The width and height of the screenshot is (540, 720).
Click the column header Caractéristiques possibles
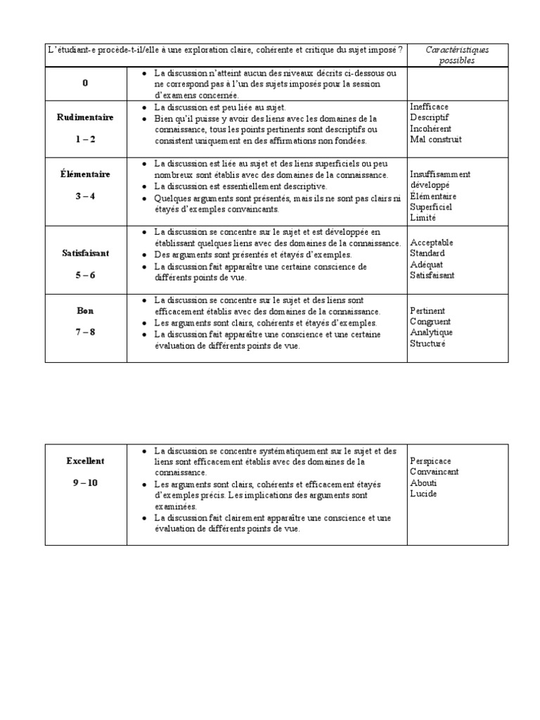point(458,55)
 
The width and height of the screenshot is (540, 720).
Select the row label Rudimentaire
point(85,117)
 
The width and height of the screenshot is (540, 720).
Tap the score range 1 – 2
point(85,139)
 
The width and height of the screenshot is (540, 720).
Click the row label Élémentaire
point(85,174)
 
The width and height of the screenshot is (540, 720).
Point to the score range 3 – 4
point(85,196)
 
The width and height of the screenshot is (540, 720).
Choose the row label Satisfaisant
point(85,252)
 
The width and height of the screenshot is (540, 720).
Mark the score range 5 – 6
point(85,275)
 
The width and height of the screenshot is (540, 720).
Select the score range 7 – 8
point(85,332)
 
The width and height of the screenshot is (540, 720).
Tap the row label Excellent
point(85,461)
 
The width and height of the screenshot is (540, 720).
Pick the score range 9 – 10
point(85,483)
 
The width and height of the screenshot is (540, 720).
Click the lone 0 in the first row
point(85,83)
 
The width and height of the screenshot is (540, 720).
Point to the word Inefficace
point(429,106)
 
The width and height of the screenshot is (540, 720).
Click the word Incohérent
point(430,129)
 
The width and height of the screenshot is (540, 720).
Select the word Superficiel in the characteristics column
point(431,207)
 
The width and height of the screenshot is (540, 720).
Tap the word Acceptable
point(432,243)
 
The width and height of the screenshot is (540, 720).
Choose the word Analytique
point(432,333)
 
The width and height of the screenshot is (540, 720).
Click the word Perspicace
point(432,461)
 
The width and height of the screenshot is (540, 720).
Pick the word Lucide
point(423,494)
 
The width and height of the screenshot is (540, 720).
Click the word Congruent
point(430,321)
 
